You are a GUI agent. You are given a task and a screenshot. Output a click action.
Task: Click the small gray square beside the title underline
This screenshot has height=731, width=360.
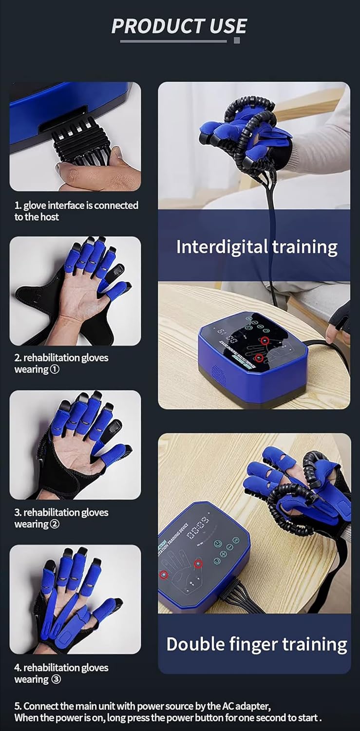click(x=237, y=40)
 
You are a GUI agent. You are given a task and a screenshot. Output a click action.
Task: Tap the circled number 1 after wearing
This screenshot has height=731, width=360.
click(x=55, y=370)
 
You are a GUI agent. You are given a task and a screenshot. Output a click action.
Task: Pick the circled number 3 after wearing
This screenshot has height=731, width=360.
click(x=56, y=680)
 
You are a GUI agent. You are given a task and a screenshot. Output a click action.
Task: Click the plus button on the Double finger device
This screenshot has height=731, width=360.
click(x=224, y=554)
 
